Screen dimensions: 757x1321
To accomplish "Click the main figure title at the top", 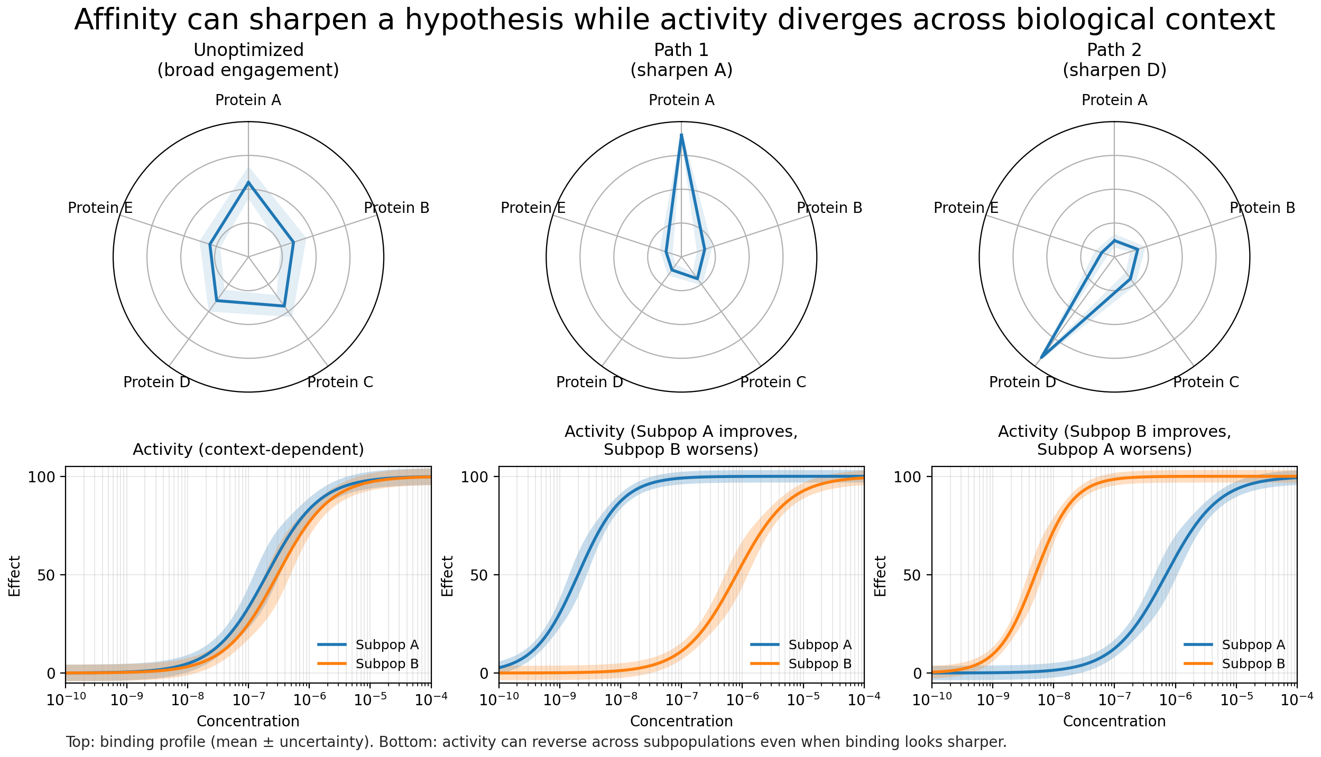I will coord(675,20).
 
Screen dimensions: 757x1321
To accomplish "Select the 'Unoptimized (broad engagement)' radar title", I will coord(248,60).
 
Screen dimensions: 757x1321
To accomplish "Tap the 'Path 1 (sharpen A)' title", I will coord(681,60).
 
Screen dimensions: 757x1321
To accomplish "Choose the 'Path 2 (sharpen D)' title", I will coord(1114,60).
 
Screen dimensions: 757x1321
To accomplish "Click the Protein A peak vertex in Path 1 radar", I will coord(681,135).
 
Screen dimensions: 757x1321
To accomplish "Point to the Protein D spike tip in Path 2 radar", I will coord(1041,358).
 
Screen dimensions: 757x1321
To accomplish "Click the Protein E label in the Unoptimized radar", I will coord(100,208).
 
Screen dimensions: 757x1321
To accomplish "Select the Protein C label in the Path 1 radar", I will coord(773,382).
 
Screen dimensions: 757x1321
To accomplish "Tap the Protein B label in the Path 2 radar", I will coord(1262,208).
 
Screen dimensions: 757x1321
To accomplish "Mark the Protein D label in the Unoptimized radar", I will coord(156,382).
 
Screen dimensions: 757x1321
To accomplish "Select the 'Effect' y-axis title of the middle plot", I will coord(447,575).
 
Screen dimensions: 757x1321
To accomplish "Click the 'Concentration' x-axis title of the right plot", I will coord(1114,721).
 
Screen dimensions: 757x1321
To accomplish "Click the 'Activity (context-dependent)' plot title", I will coord(248,450).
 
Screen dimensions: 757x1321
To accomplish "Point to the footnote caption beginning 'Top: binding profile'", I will coord(535,742).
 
